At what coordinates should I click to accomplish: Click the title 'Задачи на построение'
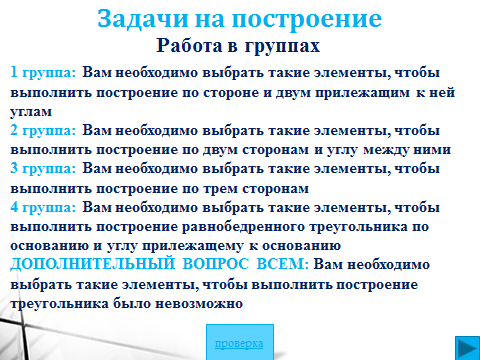tap(239, 19)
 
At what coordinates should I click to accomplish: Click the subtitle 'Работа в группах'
tap(238, 46)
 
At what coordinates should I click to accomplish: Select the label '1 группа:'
tap(43, 73)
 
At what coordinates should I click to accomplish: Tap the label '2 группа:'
tap(43, 130)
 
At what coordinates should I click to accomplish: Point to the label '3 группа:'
tap(43, 169)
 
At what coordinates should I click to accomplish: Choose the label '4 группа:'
tap(43, 208)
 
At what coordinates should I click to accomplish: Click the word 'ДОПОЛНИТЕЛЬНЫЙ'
tap(93, 264)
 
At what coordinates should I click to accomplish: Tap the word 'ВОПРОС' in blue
tap(216, 264)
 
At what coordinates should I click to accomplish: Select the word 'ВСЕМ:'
tap(283, 264)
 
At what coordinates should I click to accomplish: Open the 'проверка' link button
tap(239, 343)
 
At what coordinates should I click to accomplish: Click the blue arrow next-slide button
tap(467, 348)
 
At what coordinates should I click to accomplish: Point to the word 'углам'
tap(31, 112)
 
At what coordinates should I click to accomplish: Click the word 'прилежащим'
tap(363, 93)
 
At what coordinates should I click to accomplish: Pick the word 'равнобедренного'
tap(243, 227)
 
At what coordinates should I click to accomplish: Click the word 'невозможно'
tap(199, 304)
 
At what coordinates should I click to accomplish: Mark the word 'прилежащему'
tap(193, 246)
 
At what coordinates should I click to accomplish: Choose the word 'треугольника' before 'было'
tap(59, 304)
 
